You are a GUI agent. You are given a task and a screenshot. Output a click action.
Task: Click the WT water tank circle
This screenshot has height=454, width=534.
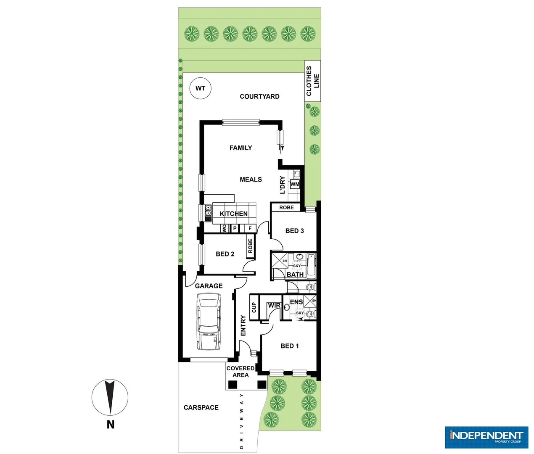[200, 88]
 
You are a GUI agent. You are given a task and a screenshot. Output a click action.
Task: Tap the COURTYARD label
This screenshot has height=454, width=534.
[259, 96]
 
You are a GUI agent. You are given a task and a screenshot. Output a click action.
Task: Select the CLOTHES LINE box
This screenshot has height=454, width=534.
[312, 81]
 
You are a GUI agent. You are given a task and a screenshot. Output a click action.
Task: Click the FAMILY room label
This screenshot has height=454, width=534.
[241, 148]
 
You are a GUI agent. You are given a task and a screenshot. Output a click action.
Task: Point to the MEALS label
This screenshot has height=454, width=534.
[251, 179]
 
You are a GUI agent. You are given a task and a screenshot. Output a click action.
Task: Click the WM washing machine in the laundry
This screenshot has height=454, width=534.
[295, 184]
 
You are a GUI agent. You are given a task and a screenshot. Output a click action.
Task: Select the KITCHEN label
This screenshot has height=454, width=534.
[233, 214]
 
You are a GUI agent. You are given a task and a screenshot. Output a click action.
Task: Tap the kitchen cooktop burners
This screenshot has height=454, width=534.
[208, 213]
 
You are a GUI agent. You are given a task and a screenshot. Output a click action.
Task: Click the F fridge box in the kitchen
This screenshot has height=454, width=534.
[250, 228]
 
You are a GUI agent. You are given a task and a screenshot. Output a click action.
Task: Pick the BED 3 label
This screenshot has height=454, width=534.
[294, 231]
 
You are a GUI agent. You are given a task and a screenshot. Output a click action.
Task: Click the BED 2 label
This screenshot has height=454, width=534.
[225, 254]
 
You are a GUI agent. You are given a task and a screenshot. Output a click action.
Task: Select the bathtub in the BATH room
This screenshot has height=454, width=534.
[311, 265]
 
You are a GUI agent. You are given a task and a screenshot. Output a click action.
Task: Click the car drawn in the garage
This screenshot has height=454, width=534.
[209, 321]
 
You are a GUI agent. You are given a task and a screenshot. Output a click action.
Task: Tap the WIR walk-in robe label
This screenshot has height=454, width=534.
[274, 305]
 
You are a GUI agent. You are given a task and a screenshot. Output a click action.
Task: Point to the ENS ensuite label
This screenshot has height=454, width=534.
[296, 302]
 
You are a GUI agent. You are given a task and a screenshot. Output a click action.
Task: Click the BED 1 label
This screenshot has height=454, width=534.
[289, 346]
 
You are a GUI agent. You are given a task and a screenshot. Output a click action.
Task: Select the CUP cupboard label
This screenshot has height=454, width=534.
[254, 307]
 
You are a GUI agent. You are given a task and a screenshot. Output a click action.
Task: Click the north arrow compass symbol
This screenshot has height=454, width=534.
[110, 398]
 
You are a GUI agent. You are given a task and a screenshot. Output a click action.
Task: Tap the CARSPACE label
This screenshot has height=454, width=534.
[201, 407]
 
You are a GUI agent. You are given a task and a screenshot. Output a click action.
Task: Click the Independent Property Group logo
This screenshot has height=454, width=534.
[486, 437]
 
